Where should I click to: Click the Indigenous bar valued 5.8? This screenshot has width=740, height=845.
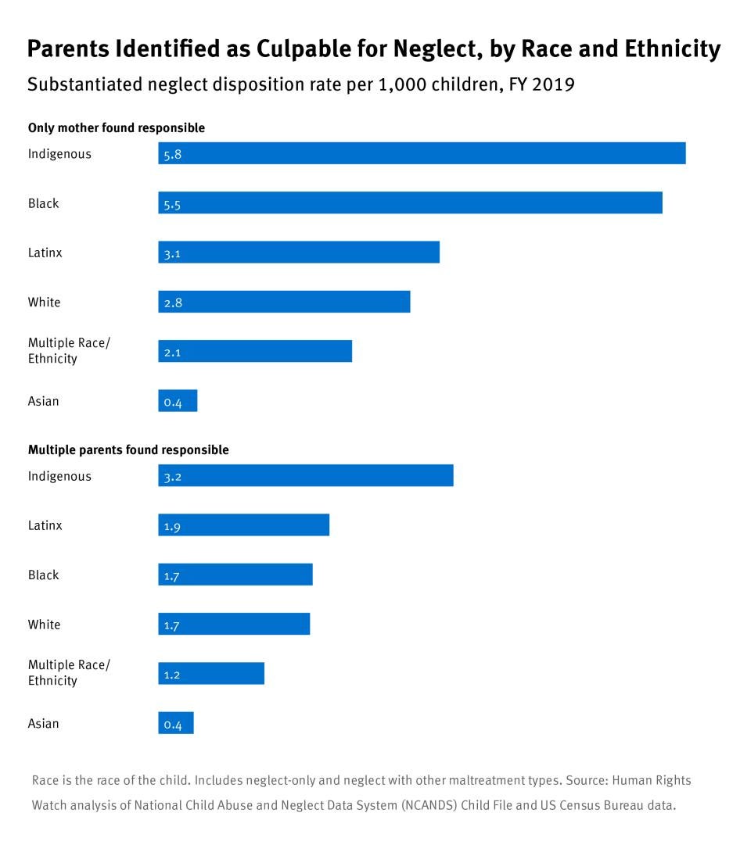422,153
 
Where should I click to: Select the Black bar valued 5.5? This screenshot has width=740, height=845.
410,202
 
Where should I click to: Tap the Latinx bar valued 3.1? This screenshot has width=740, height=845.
299,252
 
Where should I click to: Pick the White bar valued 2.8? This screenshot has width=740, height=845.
284,302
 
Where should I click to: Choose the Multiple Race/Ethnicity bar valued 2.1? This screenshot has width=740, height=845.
255,351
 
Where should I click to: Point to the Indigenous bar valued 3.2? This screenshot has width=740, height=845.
305,475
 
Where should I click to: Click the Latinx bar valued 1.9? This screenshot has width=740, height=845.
243,525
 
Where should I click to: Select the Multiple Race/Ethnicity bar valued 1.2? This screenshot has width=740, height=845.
211,673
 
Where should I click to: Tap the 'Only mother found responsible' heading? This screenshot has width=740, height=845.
117,127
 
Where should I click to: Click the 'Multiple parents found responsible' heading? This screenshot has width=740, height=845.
128,449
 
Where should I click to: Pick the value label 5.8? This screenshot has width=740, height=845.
173,155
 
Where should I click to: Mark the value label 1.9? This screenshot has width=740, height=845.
173,526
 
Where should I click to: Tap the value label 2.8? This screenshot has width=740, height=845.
173,303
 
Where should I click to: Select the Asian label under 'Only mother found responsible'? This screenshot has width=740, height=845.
43,401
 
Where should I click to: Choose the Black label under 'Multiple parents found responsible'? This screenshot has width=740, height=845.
43,575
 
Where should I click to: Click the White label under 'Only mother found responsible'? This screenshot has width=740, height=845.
44,302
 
